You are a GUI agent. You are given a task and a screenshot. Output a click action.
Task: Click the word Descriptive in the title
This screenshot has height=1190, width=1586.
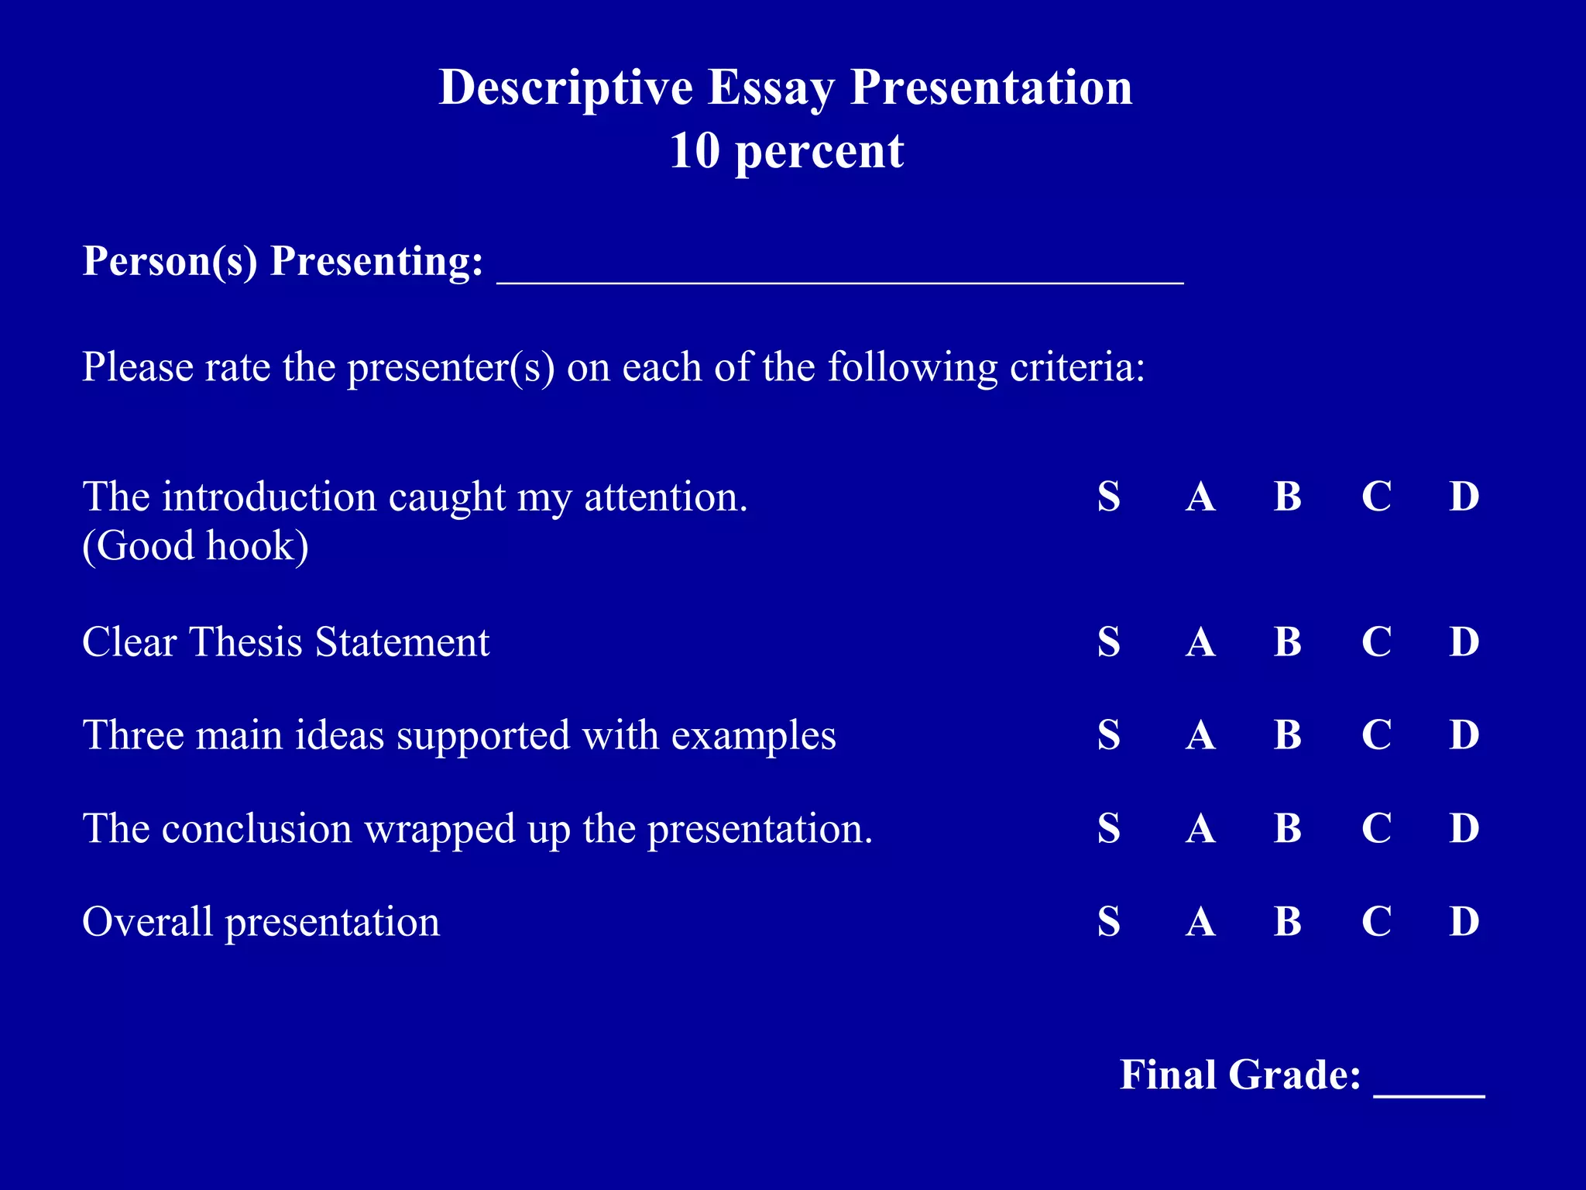[x=565, y=88]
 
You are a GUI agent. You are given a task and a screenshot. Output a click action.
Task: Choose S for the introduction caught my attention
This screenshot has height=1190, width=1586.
[x=1108, y=497]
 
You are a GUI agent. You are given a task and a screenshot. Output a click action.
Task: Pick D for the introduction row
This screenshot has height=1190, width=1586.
[x=1464, y=497]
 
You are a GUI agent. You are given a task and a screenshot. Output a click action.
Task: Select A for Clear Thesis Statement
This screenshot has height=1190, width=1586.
[x=1200, y=641]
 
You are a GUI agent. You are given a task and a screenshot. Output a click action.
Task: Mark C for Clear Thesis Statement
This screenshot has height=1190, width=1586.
[x=1376, y=641]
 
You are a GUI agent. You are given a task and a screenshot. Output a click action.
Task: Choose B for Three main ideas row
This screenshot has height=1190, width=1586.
[x=1287, y=734]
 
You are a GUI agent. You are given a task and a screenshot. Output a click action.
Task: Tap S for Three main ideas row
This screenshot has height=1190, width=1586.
[x=1108, y=734]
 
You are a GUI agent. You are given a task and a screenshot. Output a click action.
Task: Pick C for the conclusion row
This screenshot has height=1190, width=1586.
[x=1376, y=828]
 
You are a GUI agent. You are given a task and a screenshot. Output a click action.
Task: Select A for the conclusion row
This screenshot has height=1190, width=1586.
[x=1200, y=828]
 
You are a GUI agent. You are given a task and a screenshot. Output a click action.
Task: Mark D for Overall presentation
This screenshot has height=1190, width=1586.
[x=1464, y=921]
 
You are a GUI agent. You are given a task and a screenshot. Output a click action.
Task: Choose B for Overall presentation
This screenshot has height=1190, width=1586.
[x=1287, y=921]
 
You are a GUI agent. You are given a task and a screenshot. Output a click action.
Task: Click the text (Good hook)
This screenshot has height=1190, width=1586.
[x=195, y=546]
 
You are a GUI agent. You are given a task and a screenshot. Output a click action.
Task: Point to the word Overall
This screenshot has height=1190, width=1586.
[x=147, y=922]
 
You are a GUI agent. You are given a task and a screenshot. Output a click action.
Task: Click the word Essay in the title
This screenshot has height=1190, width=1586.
[x=771, y=88]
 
